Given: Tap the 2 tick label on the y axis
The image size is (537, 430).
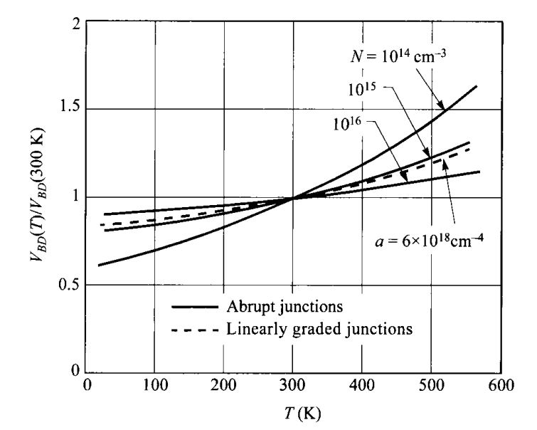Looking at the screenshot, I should pos(73,22).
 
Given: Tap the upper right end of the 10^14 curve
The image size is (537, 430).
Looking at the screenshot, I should pos(476,86).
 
